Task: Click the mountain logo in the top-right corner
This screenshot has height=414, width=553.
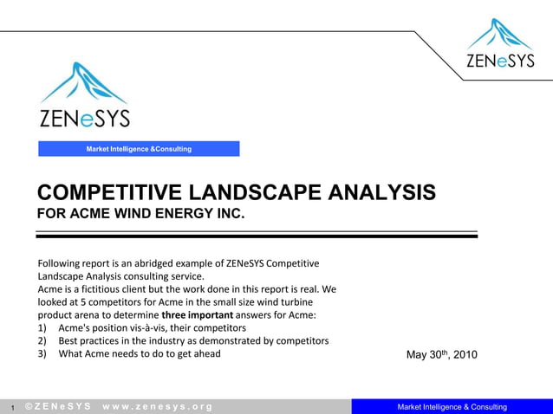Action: tap(500, 34)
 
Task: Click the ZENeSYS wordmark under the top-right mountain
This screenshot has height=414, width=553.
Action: tap(500, 61)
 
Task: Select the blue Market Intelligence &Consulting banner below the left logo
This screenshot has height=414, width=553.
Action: tap(139, 149)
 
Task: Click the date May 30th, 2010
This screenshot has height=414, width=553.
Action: tap(441, 355)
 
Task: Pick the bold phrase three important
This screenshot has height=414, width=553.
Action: tap(198, 315)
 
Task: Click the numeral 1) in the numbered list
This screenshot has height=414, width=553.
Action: tap(43, 328)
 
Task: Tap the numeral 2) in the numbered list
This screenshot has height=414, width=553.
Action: tap(43, 340)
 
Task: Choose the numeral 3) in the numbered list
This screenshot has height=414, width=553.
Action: tap(43, 353)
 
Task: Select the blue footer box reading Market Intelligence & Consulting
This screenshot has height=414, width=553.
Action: tap(452, 407)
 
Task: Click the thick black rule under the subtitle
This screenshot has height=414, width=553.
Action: tap(257, 236)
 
